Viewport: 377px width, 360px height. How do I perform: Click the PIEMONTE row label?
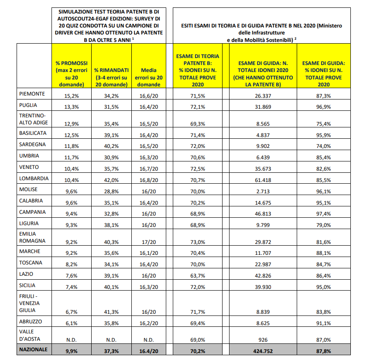click(31, 93)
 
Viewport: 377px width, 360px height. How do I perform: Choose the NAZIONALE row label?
click(33, 349)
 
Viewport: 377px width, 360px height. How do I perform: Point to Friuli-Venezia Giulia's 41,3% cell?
click(111, 310)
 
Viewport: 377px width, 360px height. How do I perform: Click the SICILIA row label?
click(29, 285)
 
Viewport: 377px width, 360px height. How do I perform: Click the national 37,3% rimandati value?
click(111, 350)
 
